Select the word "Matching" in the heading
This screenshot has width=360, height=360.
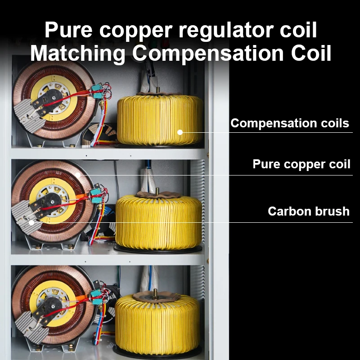(77, 54)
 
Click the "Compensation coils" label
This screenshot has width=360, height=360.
(289, 123)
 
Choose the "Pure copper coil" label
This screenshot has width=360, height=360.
(301, 164)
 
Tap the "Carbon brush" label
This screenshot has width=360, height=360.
(308, 211)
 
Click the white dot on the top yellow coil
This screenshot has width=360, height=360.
(180, 132)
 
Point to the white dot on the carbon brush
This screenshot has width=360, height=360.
(31, 222)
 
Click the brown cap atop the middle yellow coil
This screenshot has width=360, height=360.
(157, 195)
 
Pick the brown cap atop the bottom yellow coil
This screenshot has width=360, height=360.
(157, 297)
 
